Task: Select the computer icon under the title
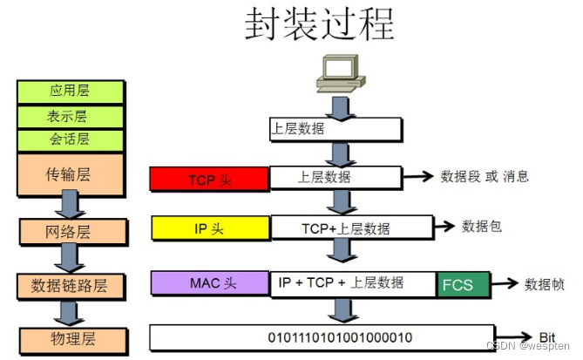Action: click(x=336, y=73)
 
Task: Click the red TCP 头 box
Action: click(x=209, y=180)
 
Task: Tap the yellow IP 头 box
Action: click(x=210, y=228)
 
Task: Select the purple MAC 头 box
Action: click(x=210, y=283)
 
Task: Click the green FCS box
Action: click(x=463, y=285)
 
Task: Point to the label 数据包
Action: click(x=482, y=226)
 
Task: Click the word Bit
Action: click(x=547, y=336)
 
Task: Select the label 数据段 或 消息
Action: click(x=485, y=176)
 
